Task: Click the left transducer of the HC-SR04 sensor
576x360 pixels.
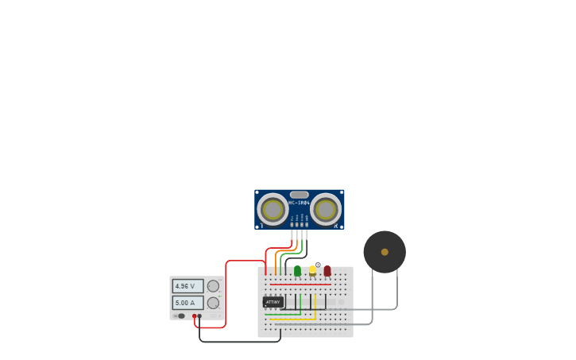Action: (273, 210)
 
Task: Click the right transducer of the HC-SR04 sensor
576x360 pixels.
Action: (326, 210)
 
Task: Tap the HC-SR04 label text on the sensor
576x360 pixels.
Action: (299, 203)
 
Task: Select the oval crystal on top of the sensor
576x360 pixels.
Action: (299, 195)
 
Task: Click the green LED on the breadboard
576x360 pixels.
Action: (297, 271)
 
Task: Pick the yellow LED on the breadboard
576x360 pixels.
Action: (312, 270)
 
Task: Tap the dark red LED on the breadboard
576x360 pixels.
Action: (327, 271)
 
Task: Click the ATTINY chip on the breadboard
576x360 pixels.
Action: (273, 302)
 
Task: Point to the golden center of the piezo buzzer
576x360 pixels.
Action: (385, 252)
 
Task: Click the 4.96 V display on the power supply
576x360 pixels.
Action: (187, 286)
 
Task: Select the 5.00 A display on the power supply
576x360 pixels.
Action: (187, 303)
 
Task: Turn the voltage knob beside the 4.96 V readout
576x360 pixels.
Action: (213, 286)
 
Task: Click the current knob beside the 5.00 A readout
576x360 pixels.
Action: (213, 303)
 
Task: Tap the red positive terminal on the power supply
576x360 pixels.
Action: (194, 315)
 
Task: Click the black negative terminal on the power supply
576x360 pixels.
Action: (199, 315)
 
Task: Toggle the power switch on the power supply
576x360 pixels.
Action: (180, 315)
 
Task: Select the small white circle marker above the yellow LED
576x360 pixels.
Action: (318, 265)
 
